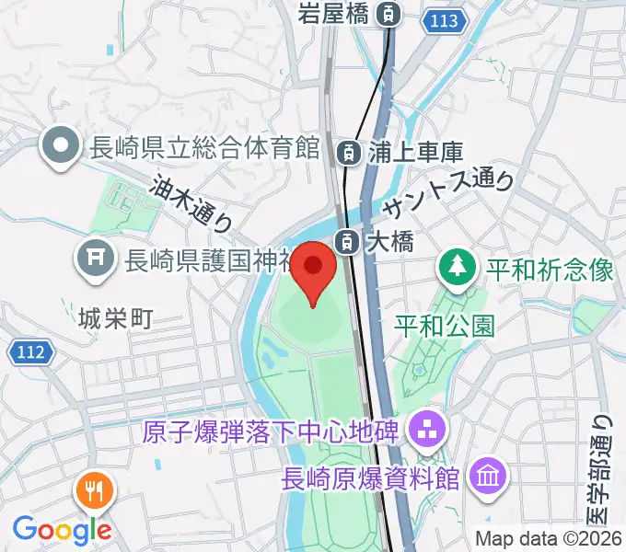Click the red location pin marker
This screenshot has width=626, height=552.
(313, 269)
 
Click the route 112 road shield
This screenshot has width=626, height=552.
(31, 350)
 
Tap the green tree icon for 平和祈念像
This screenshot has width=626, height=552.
(456, 270)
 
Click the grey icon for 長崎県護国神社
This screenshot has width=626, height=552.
(95, 260)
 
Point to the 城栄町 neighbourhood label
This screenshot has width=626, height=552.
(116, 319)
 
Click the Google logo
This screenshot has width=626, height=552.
(61, 529)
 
